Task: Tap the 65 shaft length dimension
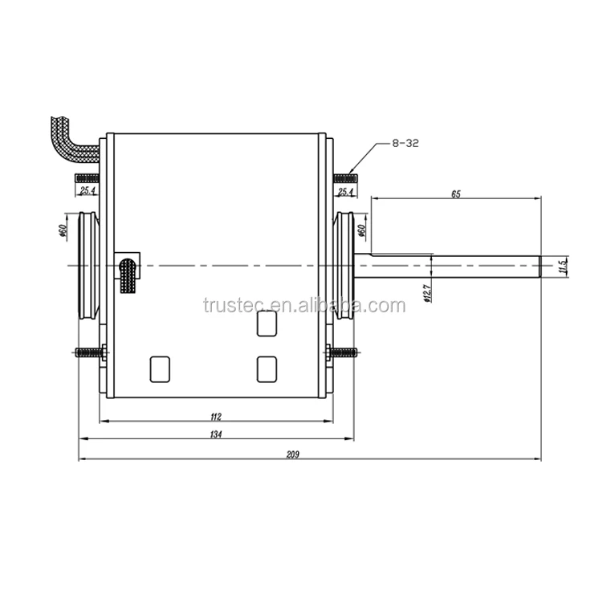click(x=455, y=194)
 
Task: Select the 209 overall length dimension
click(x=292, y=454)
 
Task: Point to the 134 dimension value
click(x=215, y=434)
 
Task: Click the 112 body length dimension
click(x=214, y=416)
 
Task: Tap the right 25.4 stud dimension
click(x=345, y=192)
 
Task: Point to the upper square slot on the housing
click(x=266, y=324)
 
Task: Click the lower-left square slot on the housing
click(x=160, y=368)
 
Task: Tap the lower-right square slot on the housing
click(x=266, y=369)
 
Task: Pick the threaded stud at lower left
click(x=89, y=352)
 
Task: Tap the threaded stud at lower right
click(x=343, y=352)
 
